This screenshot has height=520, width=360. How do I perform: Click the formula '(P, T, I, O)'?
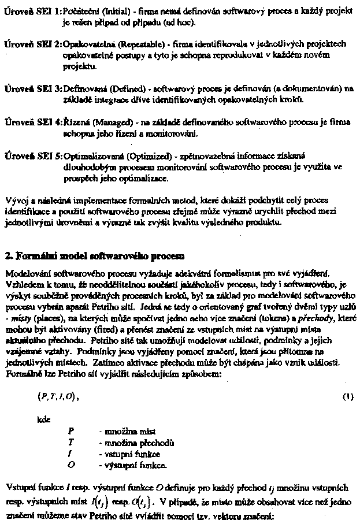[57, 397]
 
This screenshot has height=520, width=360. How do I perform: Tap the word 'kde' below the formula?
[43, 420]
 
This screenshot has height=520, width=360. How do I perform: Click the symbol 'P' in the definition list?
[70, 432]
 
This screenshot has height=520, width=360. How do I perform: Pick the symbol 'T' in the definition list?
[70, 443]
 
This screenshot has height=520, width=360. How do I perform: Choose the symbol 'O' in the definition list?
[70, 464]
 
